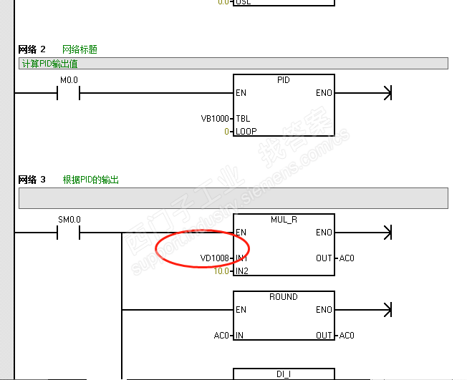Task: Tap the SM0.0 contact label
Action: coord(69,219)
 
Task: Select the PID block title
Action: coord(284,80)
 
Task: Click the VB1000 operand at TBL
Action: coord(216,118)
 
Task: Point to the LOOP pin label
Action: coord(246,131)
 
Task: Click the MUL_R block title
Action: coord(284,220)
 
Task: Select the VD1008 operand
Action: coord(215,258)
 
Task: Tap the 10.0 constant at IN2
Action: coord(222,271)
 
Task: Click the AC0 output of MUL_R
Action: coord(347,258)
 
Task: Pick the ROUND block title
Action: coord(284,297)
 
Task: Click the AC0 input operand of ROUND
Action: coord(221,335)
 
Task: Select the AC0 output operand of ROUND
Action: coord(347,335)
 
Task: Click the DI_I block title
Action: coord(284,374)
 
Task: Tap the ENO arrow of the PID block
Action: coord(387,93)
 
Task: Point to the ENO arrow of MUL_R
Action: coord(387,233)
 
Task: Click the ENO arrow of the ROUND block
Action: coord(387,310)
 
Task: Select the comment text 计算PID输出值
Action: coord(49,64)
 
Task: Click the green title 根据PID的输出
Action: coord(90,180)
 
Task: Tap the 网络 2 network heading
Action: coord(32,49)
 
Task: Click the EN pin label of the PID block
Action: coord(241,93)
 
